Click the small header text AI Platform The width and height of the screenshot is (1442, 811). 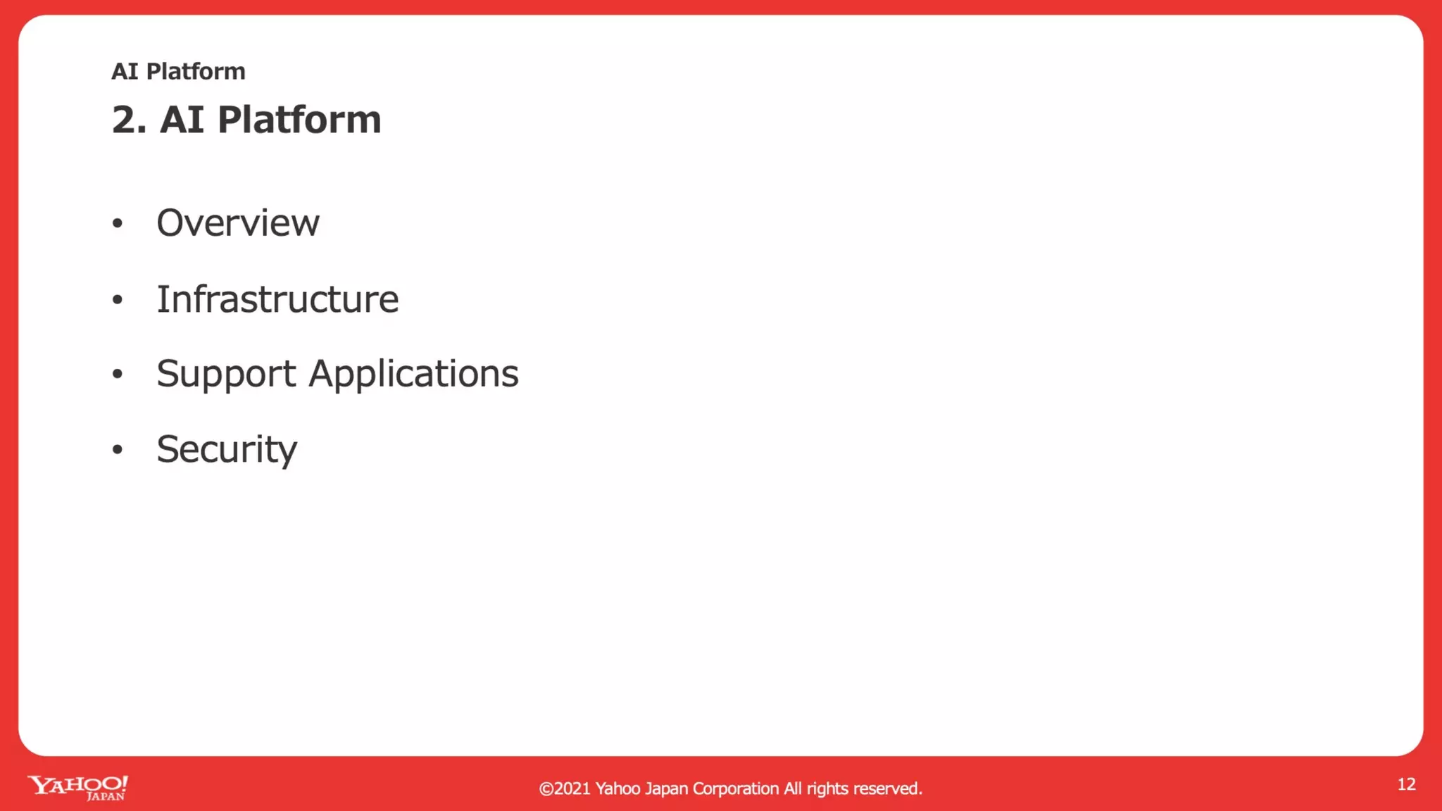point(178,72)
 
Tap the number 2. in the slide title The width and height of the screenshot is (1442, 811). point(129,120)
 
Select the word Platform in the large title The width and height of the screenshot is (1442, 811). point(299,120)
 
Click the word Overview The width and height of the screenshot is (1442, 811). point(238,223)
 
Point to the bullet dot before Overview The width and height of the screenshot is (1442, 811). point(118,224)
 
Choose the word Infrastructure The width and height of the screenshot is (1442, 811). point(277,299)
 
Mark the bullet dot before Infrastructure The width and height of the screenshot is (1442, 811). point(118,300)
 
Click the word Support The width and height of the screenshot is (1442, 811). point(226,374)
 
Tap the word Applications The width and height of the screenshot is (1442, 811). point(413,374)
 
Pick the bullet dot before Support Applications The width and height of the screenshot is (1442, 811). point(118,374)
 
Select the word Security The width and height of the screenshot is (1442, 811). point(227,449)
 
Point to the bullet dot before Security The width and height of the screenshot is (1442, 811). point(118,449)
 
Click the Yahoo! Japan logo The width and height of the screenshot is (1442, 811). point(77,787)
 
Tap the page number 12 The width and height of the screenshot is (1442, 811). point(1406,784)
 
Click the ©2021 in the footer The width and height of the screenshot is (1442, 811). point(564,788)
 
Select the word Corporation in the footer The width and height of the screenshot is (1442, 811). point(735,788)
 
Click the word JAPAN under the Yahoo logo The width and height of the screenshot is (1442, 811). point(106,797)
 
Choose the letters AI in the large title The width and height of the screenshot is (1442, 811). point(182,120)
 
